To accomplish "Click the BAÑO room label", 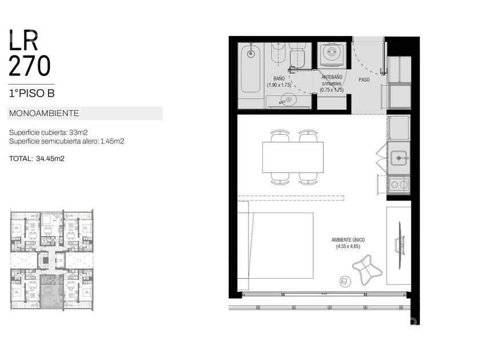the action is (x=279, y=79).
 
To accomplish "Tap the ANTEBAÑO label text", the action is (x=332, y=77).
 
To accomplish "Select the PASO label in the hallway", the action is (x=364, y=79).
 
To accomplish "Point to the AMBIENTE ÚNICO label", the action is (x=348, y=240).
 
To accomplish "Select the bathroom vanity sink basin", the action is (x=287, y=100).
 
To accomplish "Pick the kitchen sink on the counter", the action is (x=398, y=158).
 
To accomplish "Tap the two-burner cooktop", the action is (x=399, y=184).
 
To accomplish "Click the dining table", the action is (x=293, y=157).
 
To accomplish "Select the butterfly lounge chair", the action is (x=367, y=270).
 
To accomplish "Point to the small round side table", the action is (x=345, y=281).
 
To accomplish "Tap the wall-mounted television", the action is (x=400, y=245).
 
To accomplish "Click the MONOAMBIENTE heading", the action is (x=44, y=113).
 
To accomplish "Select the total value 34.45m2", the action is (x=50, y=159).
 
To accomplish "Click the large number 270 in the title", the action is (x=29, y=66).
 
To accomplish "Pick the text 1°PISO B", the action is (x=32, y=93).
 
